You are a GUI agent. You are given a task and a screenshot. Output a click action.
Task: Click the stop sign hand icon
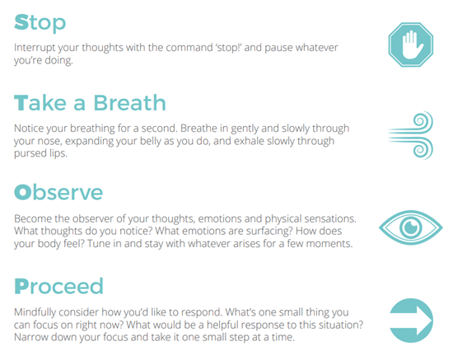point(410,44)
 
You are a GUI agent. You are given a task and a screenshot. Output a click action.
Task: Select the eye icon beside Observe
point(410,227)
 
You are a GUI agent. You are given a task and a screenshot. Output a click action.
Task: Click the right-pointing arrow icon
point(411,320)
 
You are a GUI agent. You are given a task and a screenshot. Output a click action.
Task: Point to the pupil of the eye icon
point(410,227)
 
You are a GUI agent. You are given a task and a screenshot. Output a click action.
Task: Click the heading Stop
point(40,23)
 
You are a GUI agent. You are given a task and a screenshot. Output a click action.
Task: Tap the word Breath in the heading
point(129,103)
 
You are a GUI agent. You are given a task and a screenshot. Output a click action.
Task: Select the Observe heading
point(58,192)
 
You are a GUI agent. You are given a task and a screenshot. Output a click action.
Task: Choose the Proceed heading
point(58,286)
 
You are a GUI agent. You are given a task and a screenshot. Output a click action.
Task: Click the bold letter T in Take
point(21,103)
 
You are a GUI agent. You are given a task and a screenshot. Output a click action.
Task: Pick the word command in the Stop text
point(189,48)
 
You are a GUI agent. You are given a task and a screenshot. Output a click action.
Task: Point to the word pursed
point(30,153)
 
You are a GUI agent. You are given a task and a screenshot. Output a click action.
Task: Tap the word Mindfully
point(35,312)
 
